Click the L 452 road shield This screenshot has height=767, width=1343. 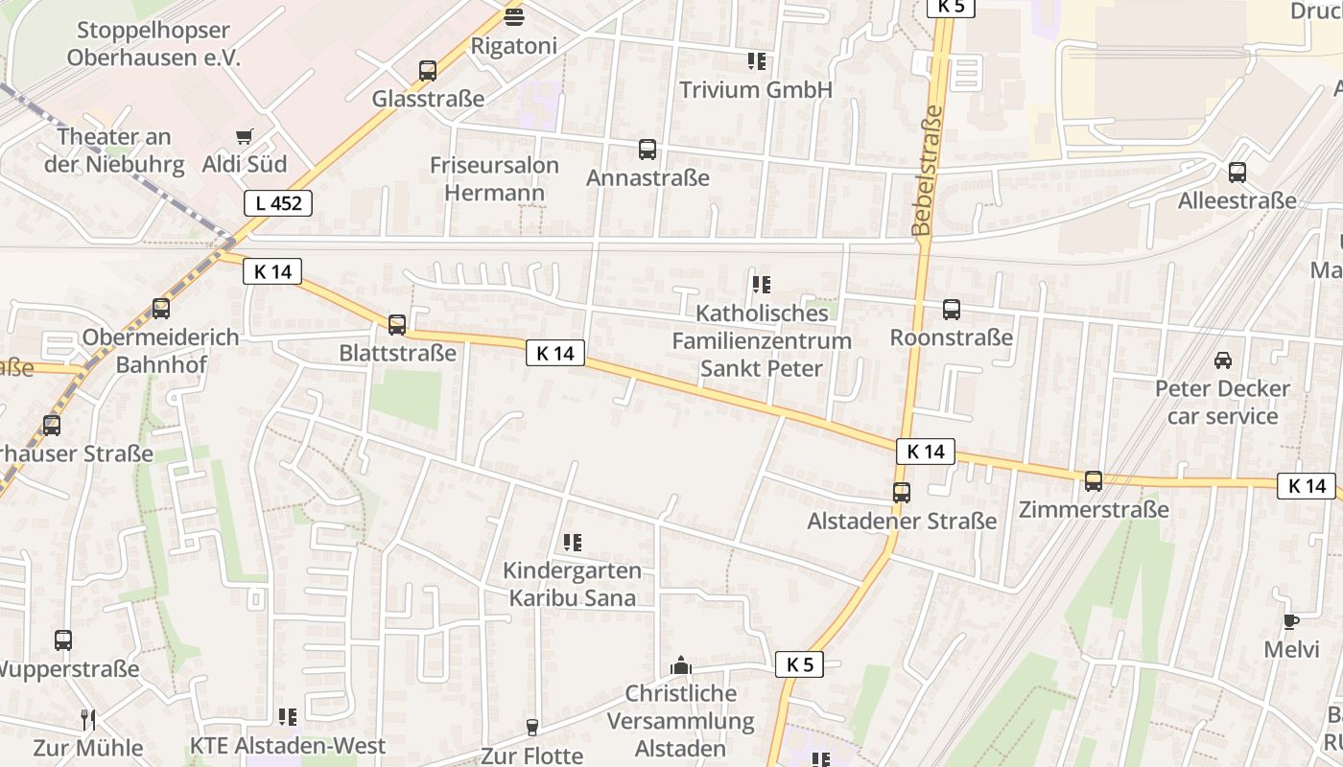[x=277, y=203]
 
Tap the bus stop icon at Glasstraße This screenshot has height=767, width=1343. [x=428, y=70]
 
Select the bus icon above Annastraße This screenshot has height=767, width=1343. [x=648, y=150]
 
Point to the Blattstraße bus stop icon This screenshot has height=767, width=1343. [x=397, y=325]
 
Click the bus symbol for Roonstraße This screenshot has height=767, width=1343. [x=952, y=310]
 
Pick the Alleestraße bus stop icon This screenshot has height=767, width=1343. [x=1237, y=173]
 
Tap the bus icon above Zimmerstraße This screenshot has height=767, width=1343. [x=1094, y=481]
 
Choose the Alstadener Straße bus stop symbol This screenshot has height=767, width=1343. [x=902, y=493]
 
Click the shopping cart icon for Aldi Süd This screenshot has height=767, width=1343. [x=244, y=137]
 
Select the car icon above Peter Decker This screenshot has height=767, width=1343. [x=1223, y=360]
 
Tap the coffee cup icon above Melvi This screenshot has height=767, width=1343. [x=1291, y=621]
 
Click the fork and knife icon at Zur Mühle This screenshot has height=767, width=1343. [x=87, y=719]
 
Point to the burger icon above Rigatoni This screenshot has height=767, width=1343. [x=514, y=16]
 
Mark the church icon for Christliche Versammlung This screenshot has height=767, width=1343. [x=681, y=665]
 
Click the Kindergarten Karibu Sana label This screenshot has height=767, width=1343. [x=572, y=584]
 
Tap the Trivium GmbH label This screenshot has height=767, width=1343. [x=756, y=90]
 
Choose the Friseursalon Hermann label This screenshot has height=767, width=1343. [x=494, y=178]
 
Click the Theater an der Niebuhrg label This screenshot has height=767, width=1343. [x=114, y=151]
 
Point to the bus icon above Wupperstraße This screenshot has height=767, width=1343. [x=63, y=640]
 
